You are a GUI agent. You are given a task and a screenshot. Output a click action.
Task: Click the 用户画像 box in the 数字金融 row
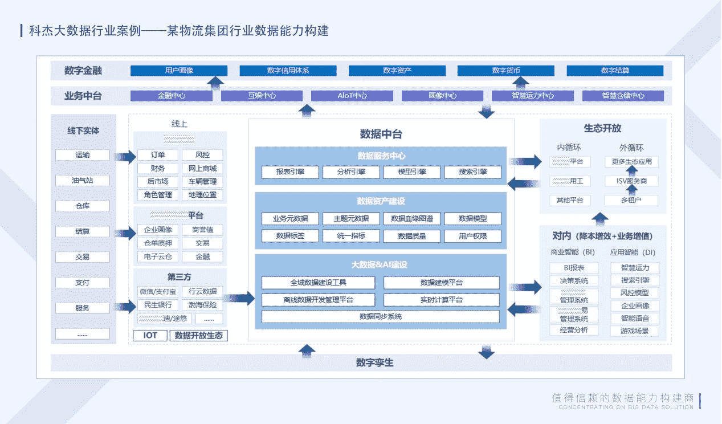click(179, 71)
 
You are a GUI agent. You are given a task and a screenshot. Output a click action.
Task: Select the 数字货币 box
click(506, 71)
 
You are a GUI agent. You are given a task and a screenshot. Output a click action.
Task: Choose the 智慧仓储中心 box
click(623, 96)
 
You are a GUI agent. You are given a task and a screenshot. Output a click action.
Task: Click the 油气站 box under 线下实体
click(83, 181)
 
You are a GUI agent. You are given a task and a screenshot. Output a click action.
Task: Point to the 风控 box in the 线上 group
click(202, 155)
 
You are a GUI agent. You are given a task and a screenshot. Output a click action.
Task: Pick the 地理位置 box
click(202, 195)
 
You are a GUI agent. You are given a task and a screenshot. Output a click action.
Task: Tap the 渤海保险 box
click(202, 305)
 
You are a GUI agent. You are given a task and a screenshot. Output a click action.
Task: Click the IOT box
click(150, 336)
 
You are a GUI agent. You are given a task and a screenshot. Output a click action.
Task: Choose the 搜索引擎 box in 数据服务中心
click(472, 172)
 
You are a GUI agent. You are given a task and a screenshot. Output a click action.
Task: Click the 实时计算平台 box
click(441, 300)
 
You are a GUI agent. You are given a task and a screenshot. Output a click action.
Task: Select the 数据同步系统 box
click(380, 317)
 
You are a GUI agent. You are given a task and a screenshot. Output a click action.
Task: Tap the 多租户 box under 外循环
click(631, 201)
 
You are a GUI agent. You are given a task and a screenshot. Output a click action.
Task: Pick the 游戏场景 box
click(635, 331)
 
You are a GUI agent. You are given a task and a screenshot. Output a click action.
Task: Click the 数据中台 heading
click(381, 134)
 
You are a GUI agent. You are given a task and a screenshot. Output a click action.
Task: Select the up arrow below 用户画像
click(215, 83)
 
